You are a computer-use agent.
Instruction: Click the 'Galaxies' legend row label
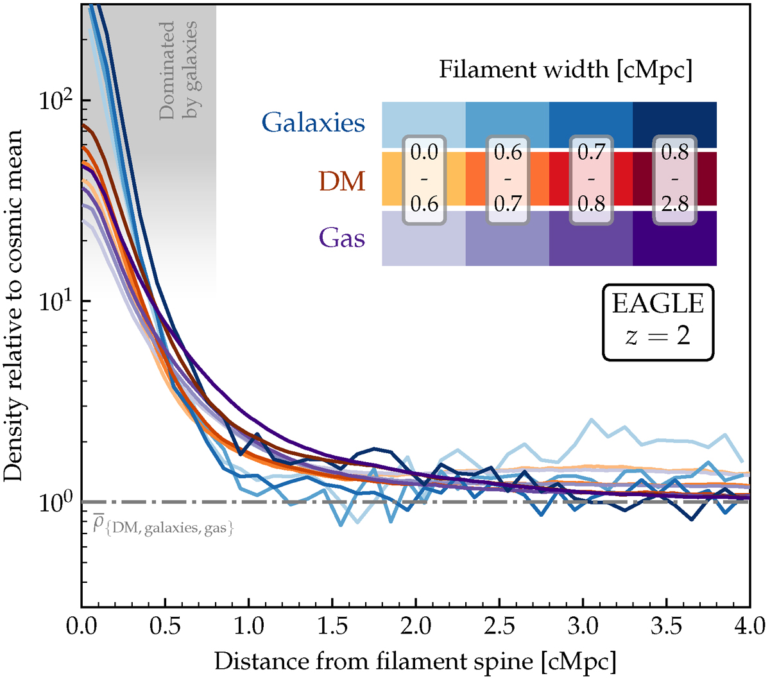(x=313, y=122)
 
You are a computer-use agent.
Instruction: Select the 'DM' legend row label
(x=342, y=181)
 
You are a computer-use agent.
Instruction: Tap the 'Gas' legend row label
(x=342, y=238)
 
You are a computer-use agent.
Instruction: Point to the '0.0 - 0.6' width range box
(x=424, y=179)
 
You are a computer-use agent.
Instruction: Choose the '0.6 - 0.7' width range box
(x=508, y=179)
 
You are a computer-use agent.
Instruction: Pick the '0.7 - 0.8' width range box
(x=591, y=179)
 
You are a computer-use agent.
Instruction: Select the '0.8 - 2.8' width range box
(x=674, y=179)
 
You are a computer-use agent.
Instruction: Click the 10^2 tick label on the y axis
(x=56, y=101)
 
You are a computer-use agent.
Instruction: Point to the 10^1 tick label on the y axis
(x=56, y=302)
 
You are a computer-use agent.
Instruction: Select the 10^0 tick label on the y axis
(x=56, y=501)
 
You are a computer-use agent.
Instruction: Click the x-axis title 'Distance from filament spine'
(x=415, y=661)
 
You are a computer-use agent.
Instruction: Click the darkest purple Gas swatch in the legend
(x=674, y=239)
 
